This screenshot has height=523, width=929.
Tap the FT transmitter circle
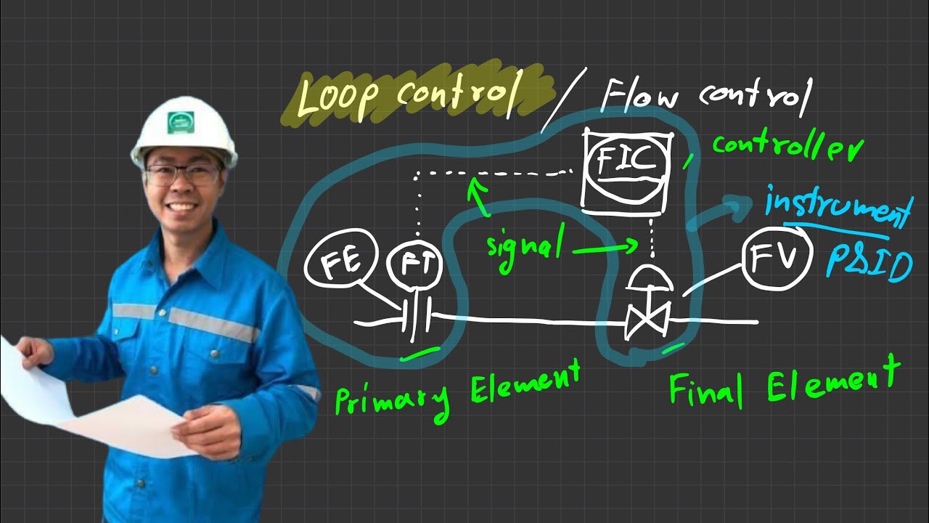tap(416, 264)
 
